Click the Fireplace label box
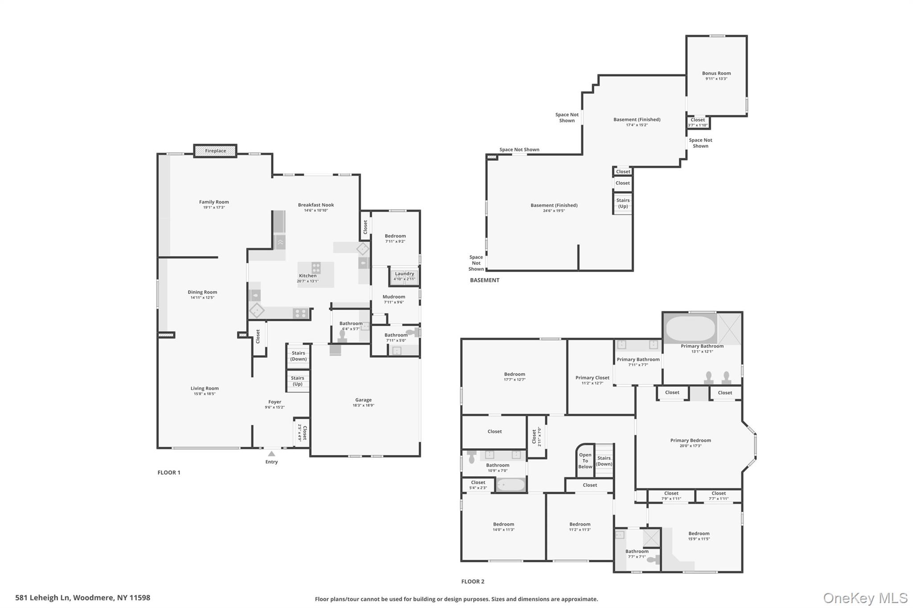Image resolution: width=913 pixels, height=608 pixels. click(215, 151)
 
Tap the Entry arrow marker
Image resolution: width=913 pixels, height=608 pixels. click(271, 454)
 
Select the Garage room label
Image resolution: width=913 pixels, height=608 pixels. click(363, 400)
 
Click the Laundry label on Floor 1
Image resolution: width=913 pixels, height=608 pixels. click(404, 274)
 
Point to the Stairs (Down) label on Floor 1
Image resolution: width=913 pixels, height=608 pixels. click(298, 356)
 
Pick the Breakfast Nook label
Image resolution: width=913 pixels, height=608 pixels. click(316, 205)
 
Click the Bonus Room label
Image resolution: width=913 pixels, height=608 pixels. click(716, 73)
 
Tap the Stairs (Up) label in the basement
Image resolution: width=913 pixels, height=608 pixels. click(623, 203)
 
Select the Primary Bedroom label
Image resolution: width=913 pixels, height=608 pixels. click(691, 441)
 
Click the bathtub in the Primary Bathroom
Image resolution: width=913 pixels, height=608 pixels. click(690, 329)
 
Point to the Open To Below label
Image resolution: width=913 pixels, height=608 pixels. click(585, 461)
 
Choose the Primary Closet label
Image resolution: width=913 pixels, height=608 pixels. click(592, 378)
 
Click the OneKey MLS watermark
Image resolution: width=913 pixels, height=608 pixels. click(865, 598)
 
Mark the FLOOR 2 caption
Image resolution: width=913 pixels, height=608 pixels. click(473, 581)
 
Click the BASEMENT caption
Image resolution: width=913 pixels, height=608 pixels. click(485, 280)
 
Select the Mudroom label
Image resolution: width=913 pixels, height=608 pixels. click(394, 297)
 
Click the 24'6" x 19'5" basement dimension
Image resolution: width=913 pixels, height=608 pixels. click(554, 211)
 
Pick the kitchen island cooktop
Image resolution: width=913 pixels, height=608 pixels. click(316, 268)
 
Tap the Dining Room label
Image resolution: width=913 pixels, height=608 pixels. click(202, 292)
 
